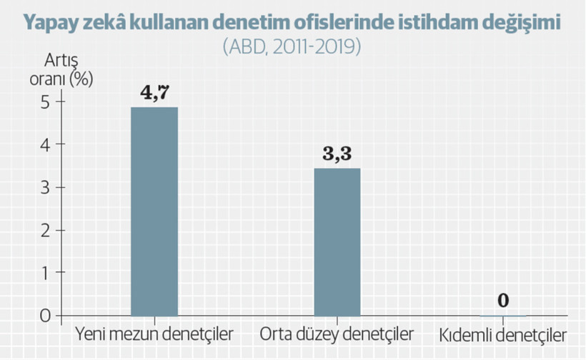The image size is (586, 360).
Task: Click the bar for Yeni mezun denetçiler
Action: click(154, 211)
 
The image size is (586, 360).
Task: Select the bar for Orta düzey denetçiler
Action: click(337, 241)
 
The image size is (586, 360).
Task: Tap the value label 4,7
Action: click(154, 91)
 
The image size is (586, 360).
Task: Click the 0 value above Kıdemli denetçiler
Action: click(503, 300)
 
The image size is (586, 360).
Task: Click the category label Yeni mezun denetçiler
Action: click(154, 334)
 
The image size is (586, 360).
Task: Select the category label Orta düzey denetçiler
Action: click(337, 334)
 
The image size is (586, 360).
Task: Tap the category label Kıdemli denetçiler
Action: click(503, 334)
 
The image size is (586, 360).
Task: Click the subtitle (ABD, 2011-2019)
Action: click(292, 47)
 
